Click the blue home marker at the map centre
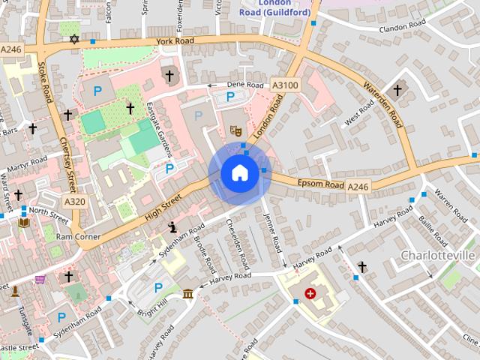(239, 174)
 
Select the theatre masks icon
(234, 130)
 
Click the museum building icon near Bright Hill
(187, 292)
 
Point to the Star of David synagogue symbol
(73, 39)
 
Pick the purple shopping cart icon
(40, 280)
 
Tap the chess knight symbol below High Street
(172, 227)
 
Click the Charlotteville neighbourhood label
(438, 256)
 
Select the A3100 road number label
(285, 85)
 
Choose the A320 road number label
(74, 202)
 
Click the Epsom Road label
(321, 184)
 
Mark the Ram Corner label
(78, 236)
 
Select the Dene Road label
(246, 85)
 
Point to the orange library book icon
(24, 223)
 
